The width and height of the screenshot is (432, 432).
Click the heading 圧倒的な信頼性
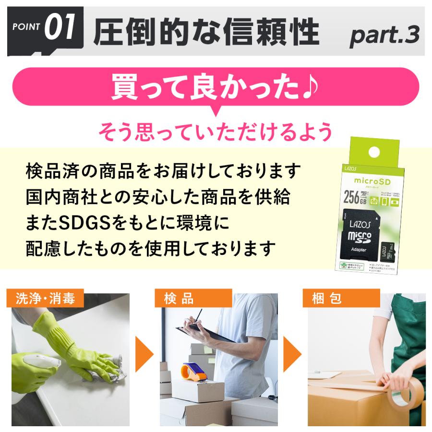[206, 33]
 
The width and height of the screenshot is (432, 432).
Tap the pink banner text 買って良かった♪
[216, 87]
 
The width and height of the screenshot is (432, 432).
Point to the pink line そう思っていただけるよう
[216, 131]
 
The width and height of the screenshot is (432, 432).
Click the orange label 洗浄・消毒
[46, 299]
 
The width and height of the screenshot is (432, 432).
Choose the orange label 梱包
[327, 299]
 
